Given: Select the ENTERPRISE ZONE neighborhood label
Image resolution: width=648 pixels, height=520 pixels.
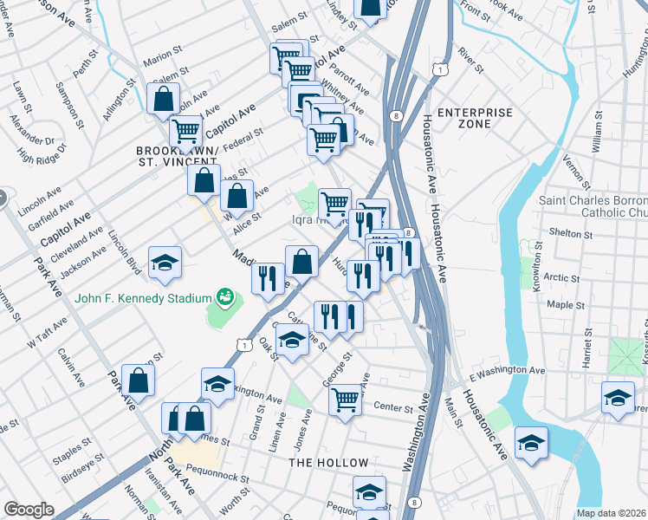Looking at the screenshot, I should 475,119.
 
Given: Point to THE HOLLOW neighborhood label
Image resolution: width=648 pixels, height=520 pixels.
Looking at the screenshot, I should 328,463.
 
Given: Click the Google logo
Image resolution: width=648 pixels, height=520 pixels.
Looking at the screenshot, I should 29,510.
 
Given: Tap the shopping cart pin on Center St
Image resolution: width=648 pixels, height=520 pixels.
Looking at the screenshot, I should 345,400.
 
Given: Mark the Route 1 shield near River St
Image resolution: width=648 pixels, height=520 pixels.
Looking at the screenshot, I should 441,68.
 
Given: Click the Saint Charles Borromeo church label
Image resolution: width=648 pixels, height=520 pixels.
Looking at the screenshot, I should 593,206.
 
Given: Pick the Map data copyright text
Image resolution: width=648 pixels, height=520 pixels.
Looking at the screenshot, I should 611,513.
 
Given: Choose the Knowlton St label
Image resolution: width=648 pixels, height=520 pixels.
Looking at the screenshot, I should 537,259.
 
